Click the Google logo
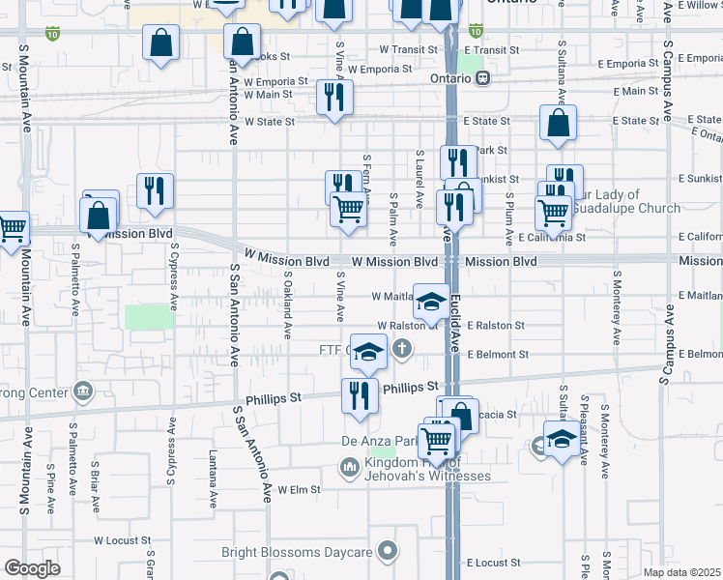32,567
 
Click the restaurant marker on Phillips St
359,394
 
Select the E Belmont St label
497,355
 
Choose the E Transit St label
492,49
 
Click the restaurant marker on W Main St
334,97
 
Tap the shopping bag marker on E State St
558,123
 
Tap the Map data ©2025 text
682,572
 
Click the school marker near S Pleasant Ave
562,440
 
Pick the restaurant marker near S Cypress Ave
155,190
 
